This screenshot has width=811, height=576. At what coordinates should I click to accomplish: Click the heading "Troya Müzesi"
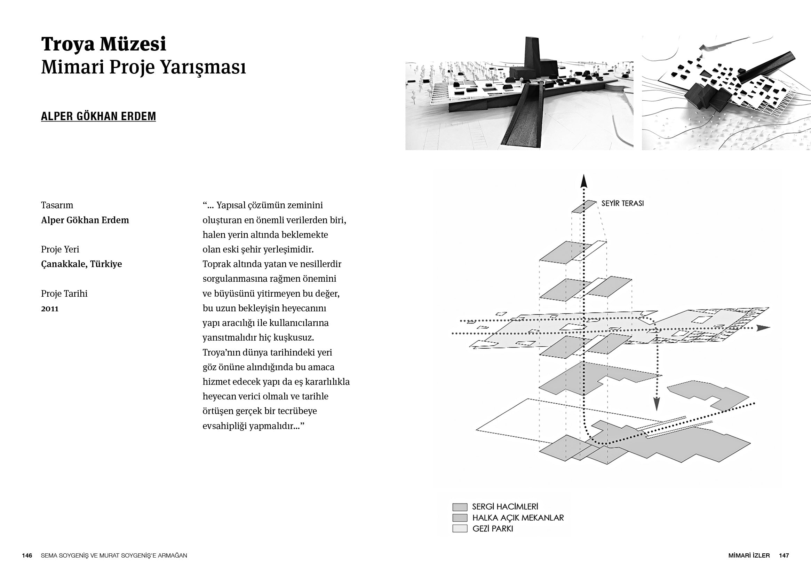tap(103, 44)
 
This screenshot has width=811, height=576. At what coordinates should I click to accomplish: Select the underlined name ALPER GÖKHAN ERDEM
tap(98, 116)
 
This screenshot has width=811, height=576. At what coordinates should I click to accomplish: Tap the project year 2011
tap(50, 309)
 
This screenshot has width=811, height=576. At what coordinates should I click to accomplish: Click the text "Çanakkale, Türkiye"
tap(81, 264)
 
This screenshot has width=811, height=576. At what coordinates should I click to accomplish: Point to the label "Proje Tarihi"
tap(64, 294)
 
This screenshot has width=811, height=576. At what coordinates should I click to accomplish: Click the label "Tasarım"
tap(57, 205)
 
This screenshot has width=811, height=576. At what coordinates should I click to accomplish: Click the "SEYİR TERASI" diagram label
tap(622, 204)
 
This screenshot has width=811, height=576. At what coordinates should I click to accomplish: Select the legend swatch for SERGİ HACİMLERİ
tap(460, 507)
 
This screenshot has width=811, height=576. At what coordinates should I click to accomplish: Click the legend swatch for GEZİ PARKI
tap(460, 529)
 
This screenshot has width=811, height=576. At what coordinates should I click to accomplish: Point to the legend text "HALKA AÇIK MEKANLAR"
tap(518, 518)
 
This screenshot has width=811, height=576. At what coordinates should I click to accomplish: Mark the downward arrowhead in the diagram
tap(656, 404)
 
